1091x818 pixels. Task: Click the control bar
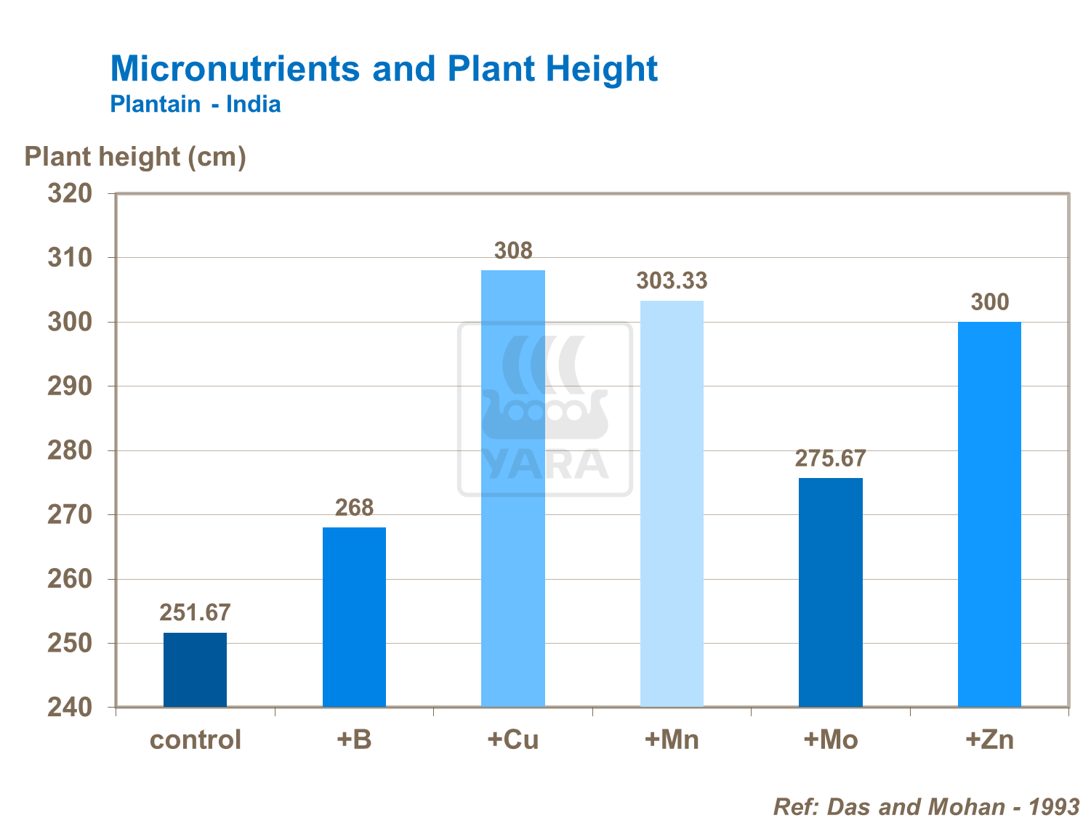(195, 670)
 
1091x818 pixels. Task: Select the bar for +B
(354, 617)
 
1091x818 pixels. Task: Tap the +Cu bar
(513, 488)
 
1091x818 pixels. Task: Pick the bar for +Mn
(672, 503)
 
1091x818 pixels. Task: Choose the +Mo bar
(831, 592)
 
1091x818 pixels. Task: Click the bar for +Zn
(989, 514)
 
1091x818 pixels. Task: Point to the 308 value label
(513, 251)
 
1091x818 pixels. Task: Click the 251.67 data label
(195, 613)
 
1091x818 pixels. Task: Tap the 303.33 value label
(672, 281)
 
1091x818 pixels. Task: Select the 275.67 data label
(831, 458)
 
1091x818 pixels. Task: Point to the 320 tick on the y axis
(71, 193)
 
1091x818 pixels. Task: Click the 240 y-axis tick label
(71, 708)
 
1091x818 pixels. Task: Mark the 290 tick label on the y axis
(71, 386)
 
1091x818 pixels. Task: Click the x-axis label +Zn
(989, 740)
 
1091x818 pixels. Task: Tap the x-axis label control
(195, 740)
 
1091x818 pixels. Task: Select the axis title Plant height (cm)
(135, 157)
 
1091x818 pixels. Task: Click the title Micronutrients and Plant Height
(384, 69)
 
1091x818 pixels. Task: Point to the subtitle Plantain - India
(196, 105)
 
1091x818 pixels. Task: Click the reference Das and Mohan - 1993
(926, 806)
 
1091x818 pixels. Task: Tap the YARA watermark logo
(545, 409)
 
